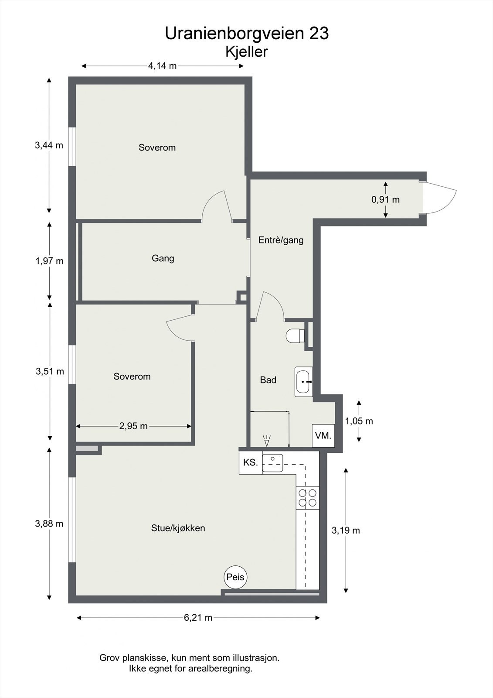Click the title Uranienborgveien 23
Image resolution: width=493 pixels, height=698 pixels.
click(x=247, y=34)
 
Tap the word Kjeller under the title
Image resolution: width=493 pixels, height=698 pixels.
click(x=246, y=52)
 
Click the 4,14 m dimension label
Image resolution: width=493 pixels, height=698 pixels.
click(x=162, y=66)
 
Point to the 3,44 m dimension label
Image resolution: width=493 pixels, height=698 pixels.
click(x=49, y=145)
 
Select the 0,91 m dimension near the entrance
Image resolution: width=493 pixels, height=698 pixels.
click(x=385, y=200)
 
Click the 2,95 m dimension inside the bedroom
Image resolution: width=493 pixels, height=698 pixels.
click(x=133, y=426)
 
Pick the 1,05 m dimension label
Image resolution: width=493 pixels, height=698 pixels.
click(x=359, y=421)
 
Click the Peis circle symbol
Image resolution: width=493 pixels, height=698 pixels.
click(x=235, y=577)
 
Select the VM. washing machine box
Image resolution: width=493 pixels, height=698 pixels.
click(x=323, y=435)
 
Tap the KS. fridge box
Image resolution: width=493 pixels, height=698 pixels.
click(x=251, y=463)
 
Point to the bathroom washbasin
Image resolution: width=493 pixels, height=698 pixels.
click(x=303, y=381)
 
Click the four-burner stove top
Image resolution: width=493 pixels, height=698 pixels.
click(x=308, y=498)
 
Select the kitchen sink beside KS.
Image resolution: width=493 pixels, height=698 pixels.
click(x=273, y=463)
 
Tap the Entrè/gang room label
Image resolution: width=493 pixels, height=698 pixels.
click(x=281, y=240)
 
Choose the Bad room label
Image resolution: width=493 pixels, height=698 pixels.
click(x=268, y=380)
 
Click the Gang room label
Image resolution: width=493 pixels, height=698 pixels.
click(x=163, y=258)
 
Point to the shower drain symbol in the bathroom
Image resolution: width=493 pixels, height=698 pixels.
click(x=267, y=440)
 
